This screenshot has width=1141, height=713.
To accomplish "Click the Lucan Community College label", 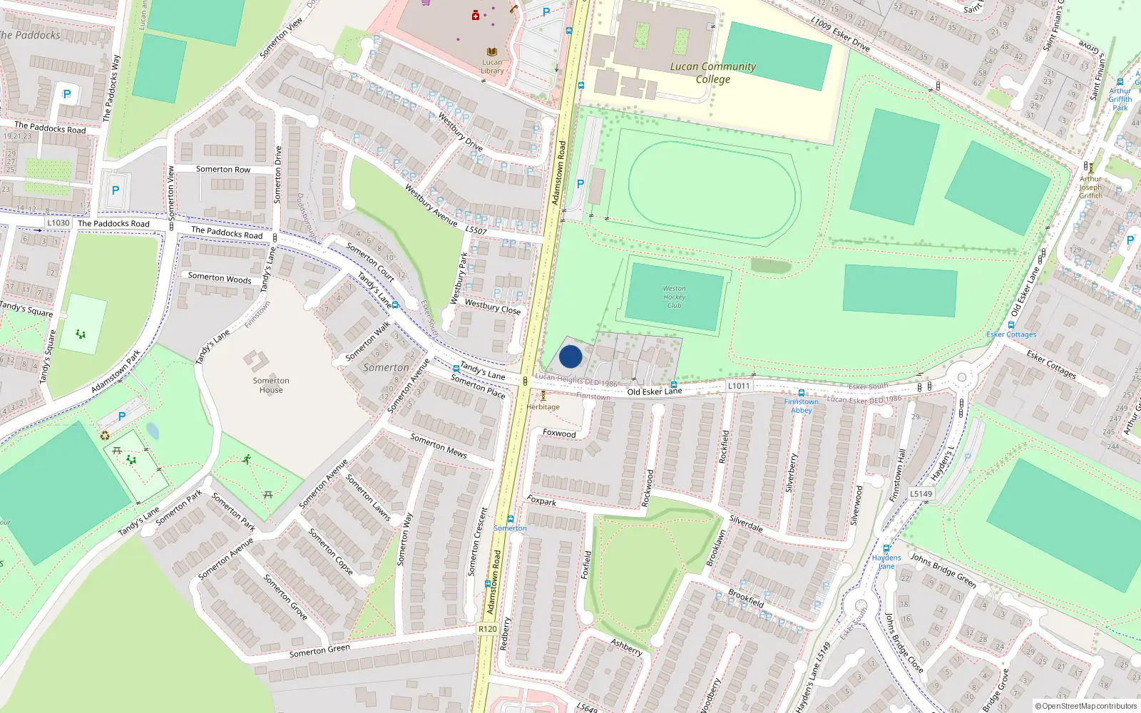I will tap(713, 72).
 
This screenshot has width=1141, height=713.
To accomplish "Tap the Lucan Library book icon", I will tap(491, 52).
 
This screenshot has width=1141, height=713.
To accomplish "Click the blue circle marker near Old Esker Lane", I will tap(570, 356).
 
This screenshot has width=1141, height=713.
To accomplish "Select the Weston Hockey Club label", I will tap(674, 297).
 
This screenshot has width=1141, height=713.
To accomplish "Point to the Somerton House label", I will tap(271, 385).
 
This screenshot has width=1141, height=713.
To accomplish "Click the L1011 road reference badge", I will tap(739, 386).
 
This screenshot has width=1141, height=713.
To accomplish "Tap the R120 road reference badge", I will tap(488, 629).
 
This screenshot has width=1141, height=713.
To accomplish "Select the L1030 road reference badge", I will tap(58, 222).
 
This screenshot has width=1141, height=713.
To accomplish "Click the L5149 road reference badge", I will tap(921, 493).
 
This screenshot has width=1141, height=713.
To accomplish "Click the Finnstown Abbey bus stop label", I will tap(802, 406).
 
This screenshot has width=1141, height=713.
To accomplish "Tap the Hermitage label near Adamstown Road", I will tap(543, 407).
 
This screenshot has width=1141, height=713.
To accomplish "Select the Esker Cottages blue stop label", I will tap(1011, 334).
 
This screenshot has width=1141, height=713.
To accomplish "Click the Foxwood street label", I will tap(559, 434).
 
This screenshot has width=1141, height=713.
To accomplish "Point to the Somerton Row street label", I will tap(223, 170).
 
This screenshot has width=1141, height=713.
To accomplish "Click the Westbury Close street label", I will tap(492, 307).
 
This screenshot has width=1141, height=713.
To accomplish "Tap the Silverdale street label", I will tap(746, 524).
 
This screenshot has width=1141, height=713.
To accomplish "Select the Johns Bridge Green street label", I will tap(943, 570).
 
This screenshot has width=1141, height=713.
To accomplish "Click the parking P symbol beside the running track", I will tap(580, 184).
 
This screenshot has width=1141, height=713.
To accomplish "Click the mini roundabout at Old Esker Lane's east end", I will tap(962, 377).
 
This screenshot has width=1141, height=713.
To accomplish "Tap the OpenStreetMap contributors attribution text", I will tap(1087, 706).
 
